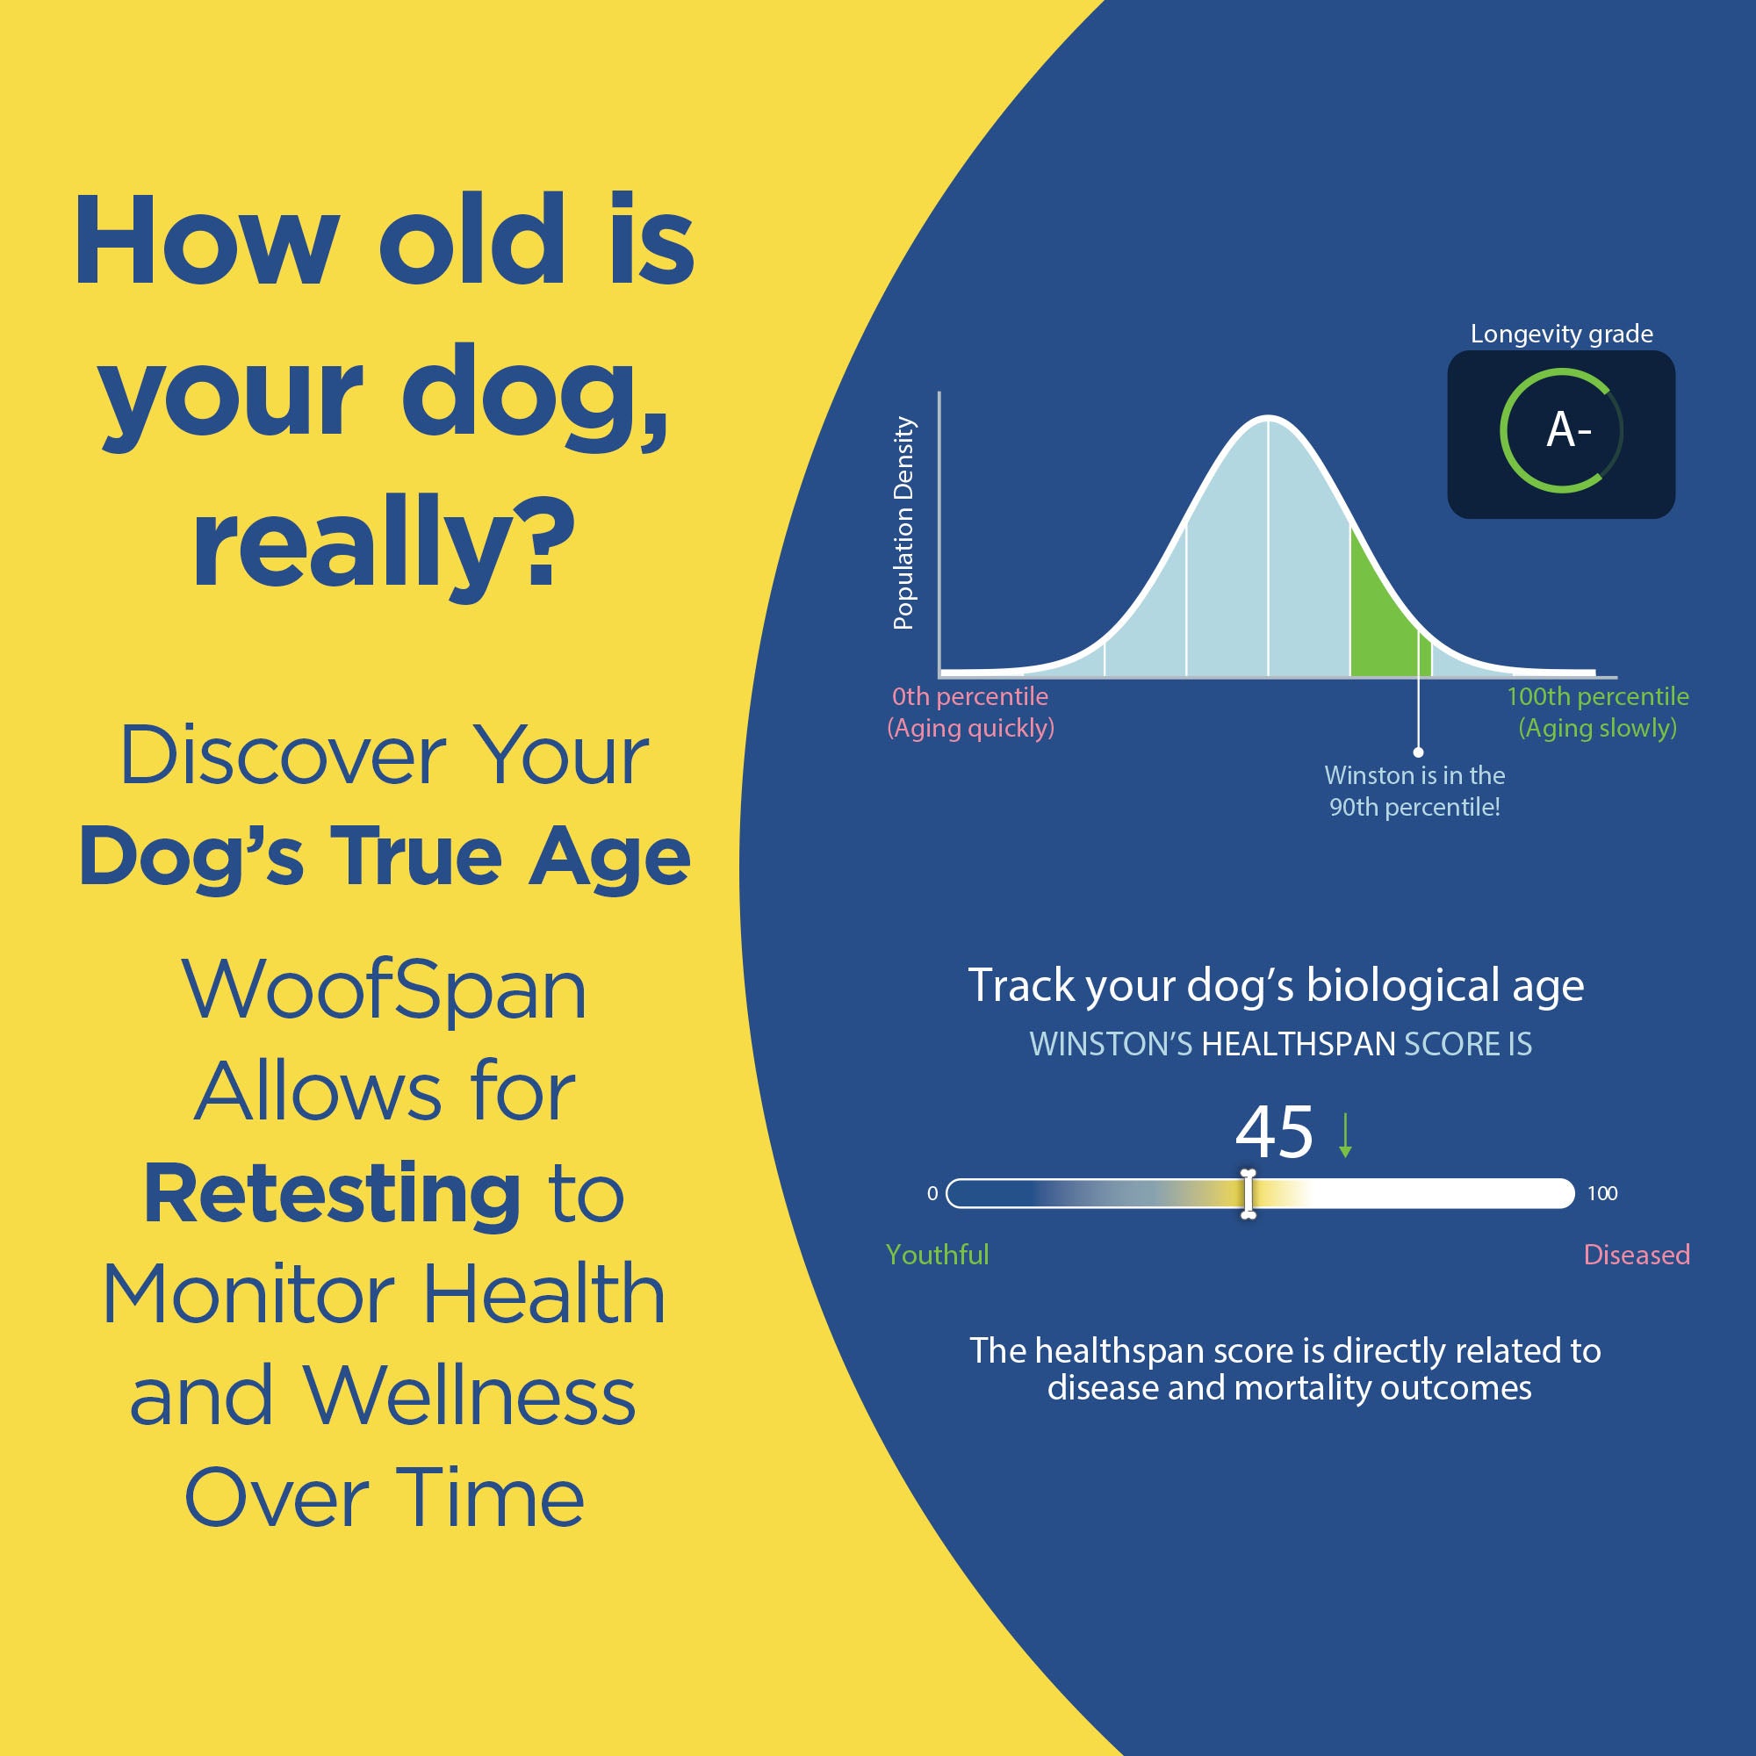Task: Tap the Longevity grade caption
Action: point(1561,335)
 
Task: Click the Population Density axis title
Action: point(903,522)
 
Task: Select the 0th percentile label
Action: point(970,696)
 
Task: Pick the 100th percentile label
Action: point(1598,696)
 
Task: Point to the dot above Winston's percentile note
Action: point(1418,752)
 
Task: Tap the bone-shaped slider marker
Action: point(1248,1193)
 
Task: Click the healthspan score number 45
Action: point(1274,1133)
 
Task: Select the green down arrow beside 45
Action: point(1345,1135)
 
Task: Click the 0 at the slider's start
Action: point(932,1193)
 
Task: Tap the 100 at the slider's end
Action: point(1602,1193)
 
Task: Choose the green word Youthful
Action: point(937,1255)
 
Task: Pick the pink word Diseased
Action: point(1637,1255)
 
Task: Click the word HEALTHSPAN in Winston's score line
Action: point(1298,1044)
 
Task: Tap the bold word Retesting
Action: point(333,1194)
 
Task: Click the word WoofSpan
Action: point(385,990)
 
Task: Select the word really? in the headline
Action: point(384,545)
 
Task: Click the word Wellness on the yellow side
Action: point(469,1396)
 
